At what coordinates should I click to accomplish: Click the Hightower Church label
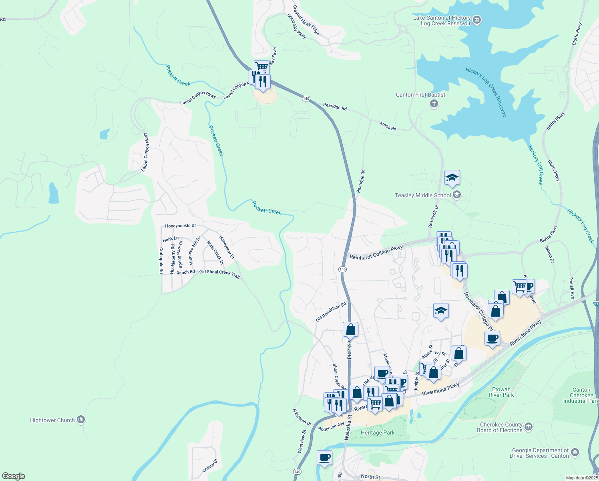(x=52, y=420)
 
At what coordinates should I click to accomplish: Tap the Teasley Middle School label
(x=423, y=195)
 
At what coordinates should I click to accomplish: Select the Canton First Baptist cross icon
(x=434, y=104)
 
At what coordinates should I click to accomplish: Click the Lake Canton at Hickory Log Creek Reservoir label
(x=442, y=20)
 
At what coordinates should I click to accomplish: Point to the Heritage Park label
(x=378, y=432)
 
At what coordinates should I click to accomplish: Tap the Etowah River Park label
(x=501, y=392)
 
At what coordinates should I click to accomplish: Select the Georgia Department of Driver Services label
(x=539, y=453)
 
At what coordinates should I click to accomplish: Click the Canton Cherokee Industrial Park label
(x=581, y=395)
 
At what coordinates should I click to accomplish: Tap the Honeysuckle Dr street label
(x=181, y=226)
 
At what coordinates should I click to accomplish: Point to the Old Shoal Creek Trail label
(x=219, y=274)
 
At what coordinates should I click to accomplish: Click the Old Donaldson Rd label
(x=330, y=312)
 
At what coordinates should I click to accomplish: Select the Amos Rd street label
(x=388, y=126)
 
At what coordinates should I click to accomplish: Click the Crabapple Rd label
(x=161, y=260)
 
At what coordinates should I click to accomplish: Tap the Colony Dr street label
(x=210, y=465)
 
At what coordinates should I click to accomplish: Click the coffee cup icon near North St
(x=324, y=457)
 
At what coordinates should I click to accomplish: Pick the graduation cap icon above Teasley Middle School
(x=452, y=178)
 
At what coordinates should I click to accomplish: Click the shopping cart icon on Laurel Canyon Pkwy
(x=261, y=67)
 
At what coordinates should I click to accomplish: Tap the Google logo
(x=14, y=476)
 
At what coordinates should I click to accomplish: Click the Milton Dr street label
(x=549, y=255)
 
